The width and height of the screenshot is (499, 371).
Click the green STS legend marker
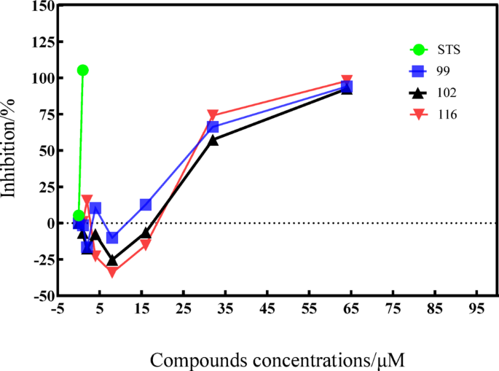point(418,50)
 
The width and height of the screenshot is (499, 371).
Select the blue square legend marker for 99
point(418,71)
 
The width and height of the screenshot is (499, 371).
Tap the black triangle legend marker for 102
point(418,93)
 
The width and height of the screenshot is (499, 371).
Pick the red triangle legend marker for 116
point(418,114)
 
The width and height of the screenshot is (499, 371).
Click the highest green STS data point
point(82,70)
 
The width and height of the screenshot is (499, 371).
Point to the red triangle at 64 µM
point(347,81)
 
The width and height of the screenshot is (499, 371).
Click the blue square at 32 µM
point(213,127)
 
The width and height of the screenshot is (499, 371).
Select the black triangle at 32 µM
point(213,139)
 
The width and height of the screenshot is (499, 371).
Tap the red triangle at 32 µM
point(213,116)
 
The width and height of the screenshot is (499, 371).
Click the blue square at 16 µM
point(146,205)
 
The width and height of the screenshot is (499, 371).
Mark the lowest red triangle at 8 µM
point(112,272)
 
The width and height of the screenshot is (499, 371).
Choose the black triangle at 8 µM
point(112,260)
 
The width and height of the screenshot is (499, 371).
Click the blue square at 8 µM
point(112,238)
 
